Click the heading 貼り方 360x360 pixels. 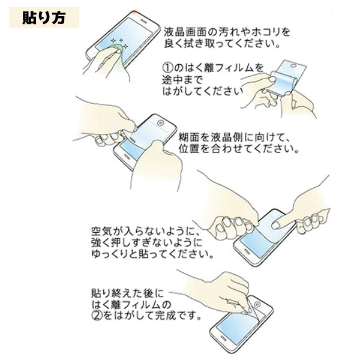point(44,17)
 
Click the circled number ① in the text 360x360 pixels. point(167,68)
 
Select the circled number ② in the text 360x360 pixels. point(97,316)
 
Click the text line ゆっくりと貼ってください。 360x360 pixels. point(152,254)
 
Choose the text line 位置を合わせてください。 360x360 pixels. point(239,149)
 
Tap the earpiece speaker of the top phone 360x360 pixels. point(143,20)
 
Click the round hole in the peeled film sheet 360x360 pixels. point(293,65)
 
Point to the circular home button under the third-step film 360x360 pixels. point(160,122)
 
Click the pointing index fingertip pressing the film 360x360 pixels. point(275,226)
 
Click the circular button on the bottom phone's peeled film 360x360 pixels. point(257,305)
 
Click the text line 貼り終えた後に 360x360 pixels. point(128,293)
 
